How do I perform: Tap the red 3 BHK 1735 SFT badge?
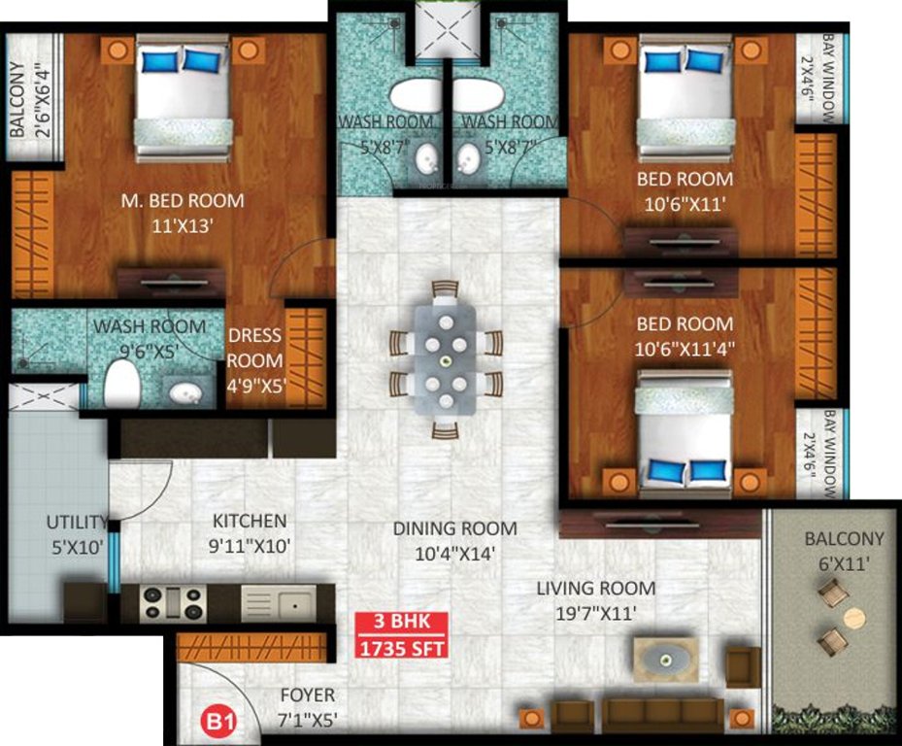click(400, 635)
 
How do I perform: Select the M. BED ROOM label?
click(183, 201)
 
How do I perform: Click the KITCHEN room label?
click(250, 521)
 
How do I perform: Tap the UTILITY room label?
click(76, 523)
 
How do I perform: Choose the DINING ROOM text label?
click(454, 528)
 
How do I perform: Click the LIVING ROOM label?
click(596, 589)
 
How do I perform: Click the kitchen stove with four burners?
click(173, 603)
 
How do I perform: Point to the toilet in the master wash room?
click(122, 383)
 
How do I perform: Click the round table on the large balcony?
click(853, 618)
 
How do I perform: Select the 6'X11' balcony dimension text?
click(844, 561)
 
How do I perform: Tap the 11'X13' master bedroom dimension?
click(183, 224)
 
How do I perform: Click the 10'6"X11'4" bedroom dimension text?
click(685, 347)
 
